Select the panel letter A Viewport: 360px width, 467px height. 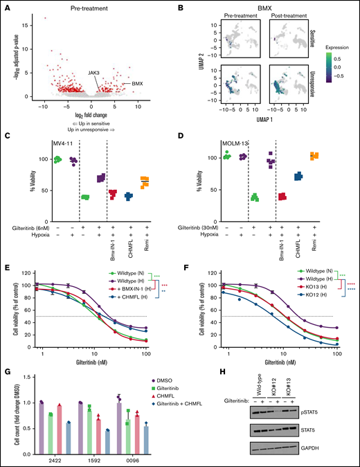(6, 9)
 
